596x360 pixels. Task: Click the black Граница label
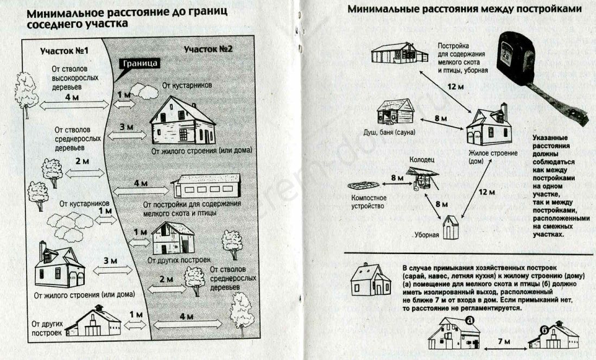141,64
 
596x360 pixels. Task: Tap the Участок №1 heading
65,51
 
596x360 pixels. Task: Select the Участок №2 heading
208,49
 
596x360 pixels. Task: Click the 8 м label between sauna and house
440,118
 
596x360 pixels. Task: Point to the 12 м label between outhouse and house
487,192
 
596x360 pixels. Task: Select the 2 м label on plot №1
81,161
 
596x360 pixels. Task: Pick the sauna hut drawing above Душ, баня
395,111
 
